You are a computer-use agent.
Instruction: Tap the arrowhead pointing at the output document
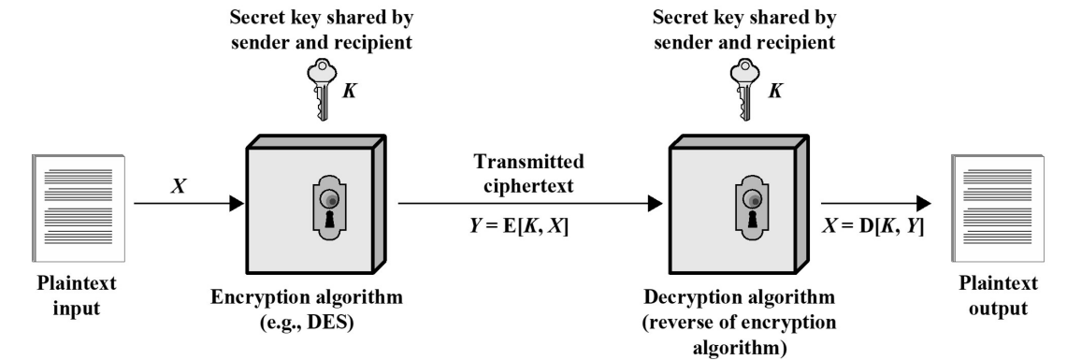pos(924,201)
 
